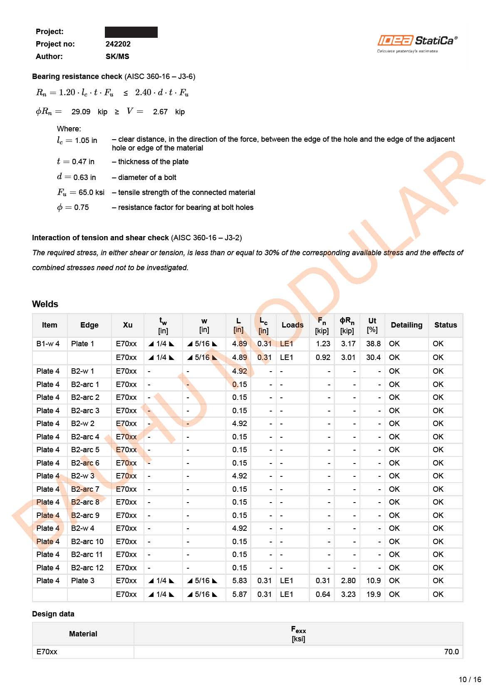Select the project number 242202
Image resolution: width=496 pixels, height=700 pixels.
pos(118,44)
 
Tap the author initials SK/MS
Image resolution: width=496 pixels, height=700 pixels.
pos(117,57)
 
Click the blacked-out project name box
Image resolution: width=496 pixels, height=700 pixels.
pos(131,32)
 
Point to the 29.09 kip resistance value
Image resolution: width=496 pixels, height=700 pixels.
pos(81,112)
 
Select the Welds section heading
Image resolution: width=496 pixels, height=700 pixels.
pos(45,304)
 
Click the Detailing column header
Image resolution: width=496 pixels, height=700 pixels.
pos(406,325)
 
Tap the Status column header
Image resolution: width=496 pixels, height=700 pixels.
pos(445,325)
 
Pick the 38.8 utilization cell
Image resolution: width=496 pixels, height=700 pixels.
pos(373,344)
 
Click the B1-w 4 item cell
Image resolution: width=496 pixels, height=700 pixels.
pos(48,344)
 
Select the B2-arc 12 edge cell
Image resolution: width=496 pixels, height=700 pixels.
pos(87,568)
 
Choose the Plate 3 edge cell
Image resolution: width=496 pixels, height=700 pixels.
pos(82,581)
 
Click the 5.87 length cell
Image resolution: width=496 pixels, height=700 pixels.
pos(239,594)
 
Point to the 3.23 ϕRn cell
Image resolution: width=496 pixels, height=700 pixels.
pos(348,594)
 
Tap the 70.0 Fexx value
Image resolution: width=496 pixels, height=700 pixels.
pos(451,652)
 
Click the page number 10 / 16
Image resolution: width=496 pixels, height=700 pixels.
pos(470,680)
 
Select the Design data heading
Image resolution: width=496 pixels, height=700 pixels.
pos(53,614)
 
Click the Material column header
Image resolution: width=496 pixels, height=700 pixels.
pos(83,634)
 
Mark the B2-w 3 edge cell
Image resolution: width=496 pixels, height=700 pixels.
pos(82,476)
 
